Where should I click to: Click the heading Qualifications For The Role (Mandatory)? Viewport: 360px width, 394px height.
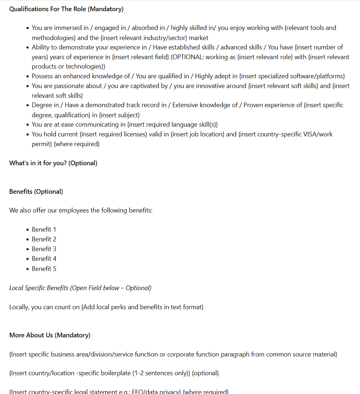66,9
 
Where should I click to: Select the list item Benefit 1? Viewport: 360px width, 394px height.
44,229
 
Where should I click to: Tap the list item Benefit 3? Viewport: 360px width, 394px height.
44,249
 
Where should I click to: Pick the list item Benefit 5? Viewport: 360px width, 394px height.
44,269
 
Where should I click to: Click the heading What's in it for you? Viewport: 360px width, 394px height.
53,163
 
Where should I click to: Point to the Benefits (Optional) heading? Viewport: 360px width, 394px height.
36,192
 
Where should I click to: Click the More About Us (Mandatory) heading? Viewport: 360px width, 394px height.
50,335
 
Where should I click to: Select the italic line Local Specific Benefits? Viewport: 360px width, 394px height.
80,288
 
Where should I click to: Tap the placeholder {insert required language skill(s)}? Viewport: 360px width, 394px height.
172,124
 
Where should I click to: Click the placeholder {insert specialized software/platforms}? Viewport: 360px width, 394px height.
292,76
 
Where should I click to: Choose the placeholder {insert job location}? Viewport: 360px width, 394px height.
198,134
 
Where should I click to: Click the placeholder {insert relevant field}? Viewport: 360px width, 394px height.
140,57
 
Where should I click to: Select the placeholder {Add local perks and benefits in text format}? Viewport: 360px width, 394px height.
142,307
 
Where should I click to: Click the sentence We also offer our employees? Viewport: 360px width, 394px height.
81,210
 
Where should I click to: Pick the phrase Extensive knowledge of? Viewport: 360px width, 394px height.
205,105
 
